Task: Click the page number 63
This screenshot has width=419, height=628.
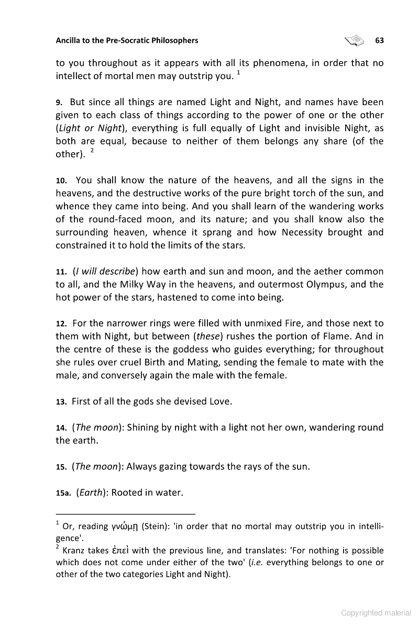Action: click(380, 40)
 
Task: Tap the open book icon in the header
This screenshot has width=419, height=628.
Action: click(354, 40)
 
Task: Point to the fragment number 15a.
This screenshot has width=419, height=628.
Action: click(63, 492)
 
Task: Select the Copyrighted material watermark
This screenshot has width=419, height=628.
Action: click(376, 613)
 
